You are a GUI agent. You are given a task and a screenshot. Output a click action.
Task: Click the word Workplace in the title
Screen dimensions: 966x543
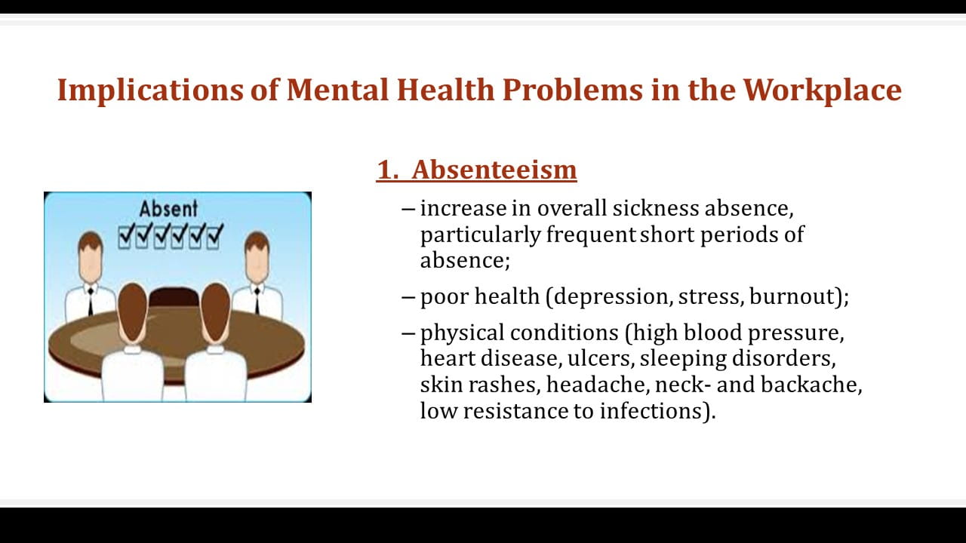(822, 90)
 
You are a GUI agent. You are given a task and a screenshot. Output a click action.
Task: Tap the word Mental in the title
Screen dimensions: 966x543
(337, 90)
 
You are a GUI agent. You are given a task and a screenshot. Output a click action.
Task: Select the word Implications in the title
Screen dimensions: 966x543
(150, 91)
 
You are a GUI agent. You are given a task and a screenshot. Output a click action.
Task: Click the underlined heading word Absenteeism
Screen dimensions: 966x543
(494, 170)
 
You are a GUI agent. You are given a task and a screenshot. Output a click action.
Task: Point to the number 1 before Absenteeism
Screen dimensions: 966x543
(385, 170)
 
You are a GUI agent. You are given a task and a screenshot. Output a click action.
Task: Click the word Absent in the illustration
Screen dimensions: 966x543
(168, 209)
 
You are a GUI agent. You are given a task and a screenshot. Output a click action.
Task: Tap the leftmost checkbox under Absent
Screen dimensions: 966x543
(125, 237)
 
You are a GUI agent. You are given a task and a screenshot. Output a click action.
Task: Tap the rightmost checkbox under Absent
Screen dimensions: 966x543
(214, 237)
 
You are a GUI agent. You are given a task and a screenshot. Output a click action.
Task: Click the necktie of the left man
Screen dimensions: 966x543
(91, 302)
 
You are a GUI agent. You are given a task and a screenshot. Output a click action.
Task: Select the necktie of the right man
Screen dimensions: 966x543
(257, 301)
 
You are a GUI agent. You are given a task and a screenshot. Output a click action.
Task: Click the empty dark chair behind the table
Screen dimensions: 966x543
(174, 297)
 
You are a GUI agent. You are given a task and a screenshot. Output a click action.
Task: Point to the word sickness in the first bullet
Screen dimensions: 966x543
(656, 208)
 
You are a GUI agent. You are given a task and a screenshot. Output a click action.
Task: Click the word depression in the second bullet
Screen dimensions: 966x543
(610, 296)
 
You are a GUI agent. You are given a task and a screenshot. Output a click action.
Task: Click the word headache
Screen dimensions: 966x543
(598, 385)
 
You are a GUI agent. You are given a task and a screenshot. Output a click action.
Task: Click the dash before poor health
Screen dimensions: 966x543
(408, 297)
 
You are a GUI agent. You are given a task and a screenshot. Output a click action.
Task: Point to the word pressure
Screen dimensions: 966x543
(795, 333)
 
